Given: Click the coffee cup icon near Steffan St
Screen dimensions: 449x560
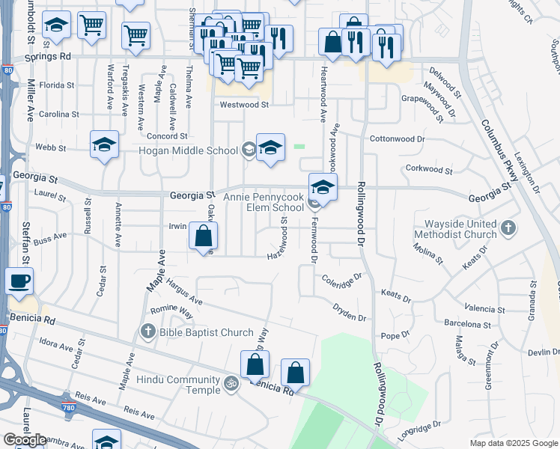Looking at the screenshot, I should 19,281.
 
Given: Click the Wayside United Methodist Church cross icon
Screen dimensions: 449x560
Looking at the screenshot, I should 508,226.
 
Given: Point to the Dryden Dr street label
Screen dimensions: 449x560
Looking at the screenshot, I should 350,312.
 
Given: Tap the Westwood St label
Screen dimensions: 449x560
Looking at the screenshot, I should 243,105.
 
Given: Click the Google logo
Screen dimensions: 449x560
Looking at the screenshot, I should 25,440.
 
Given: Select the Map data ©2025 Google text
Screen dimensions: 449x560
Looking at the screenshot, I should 513,443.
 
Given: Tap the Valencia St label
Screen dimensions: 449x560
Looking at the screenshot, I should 484,308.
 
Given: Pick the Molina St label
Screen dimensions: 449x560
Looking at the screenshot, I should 429,255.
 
